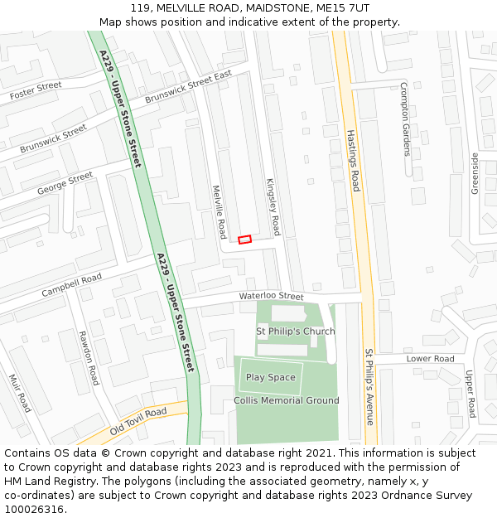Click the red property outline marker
[x=244, y=240]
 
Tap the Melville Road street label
[x=220, y=211]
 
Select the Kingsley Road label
[x=273, y=206]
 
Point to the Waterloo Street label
[x=272, y=296]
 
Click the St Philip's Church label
[x=296, y=332]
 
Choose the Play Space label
[x=270, y=378]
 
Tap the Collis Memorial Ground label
[x=287, y=401]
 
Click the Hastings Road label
[x=353, y=161]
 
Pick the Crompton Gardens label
[x=405, y=119]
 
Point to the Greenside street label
[x=475, y=173]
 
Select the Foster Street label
[x=36, y=91]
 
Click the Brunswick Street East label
[x=188, y=87]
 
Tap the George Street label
[x=65, y=184]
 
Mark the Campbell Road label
[x=71, y=283]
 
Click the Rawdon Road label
[x=89, y=358]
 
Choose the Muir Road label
[x=20, y=393]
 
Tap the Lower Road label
[x=431, y=359]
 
